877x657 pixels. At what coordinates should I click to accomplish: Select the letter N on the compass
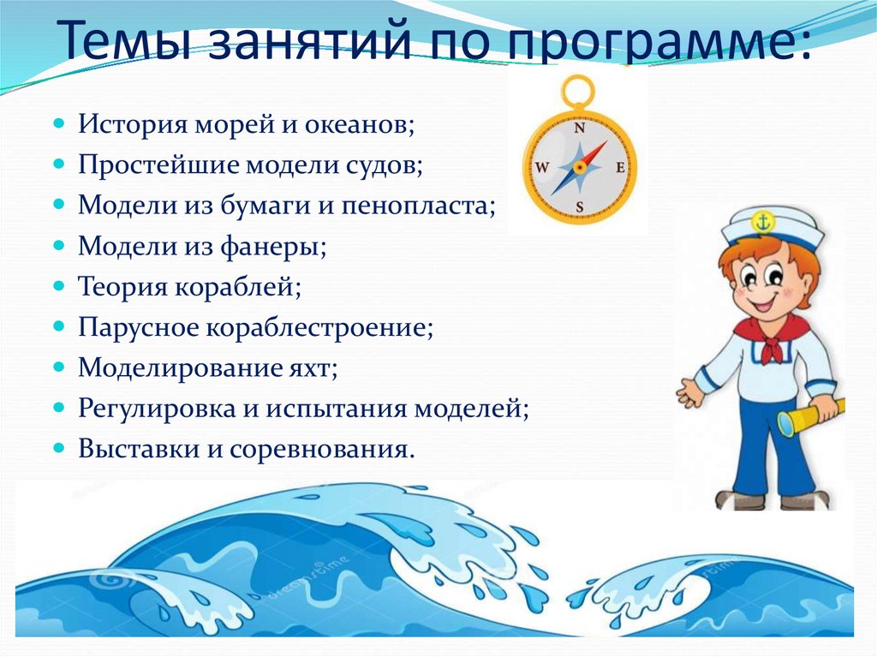579,129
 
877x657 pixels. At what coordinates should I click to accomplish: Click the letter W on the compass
542,168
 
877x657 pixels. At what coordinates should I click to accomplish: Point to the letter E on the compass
620,168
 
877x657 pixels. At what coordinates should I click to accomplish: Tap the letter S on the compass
580,206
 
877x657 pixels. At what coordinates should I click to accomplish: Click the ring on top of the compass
579,90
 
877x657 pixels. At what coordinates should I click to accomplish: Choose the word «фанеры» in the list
279,247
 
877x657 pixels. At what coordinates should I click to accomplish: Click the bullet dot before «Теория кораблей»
59,286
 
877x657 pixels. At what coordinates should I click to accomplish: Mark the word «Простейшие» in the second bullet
158,166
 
